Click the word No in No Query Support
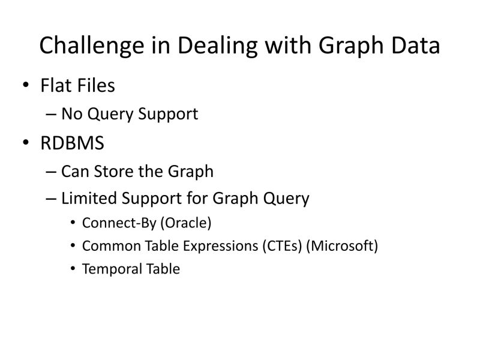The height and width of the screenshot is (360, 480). coord(72,113)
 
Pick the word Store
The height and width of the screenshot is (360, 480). coord(113,172)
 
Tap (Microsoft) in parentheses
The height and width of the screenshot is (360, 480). coord(342,246)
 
